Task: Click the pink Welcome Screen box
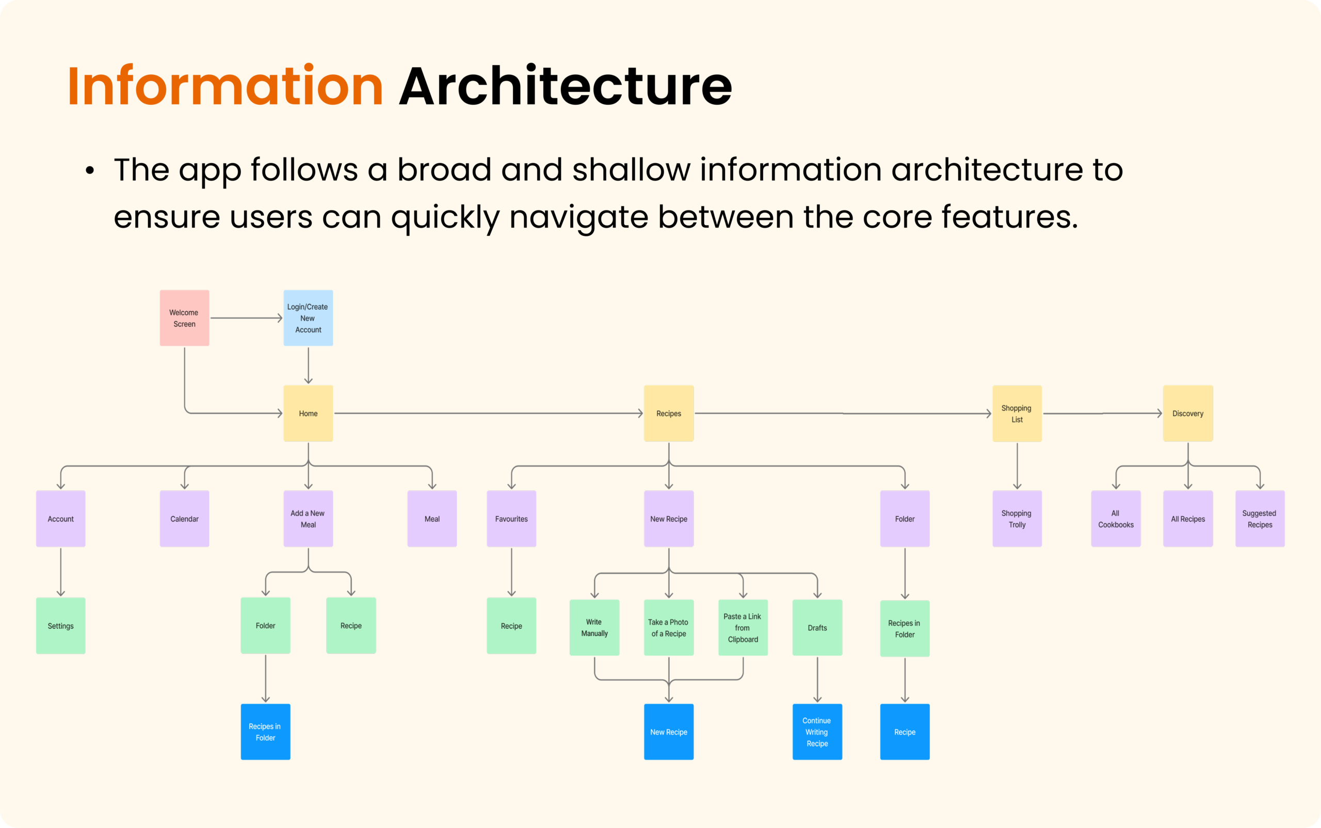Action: coord(185,318)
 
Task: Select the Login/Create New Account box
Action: coord(308,318)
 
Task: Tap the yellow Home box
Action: coord(308,413)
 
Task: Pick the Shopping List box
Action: coord(1017,413)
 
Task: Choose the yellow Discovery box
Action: coord(1188,413)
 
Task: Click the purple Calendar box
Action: coord(185,519)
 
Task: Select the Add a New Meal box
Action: coord(308,519)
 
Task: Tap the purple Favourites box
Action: coord(511,519)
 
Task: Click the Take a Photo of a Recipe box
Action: coord(669,628)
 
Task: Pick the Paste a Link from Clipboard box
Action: coord(743,628)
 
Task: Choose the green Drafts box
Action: coord(817,628)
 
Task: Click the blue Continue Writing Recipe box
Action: coord(817,731)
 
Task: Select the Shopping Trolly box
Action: coord(1017,519)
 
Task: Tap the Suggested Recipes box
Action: coord(1260,519)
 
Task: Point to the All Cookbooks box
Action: coord(1116,519)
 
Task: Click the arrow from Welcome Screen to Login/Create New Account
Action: coord(246,318)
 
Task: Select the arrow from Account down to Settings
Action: coord(61,572)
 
